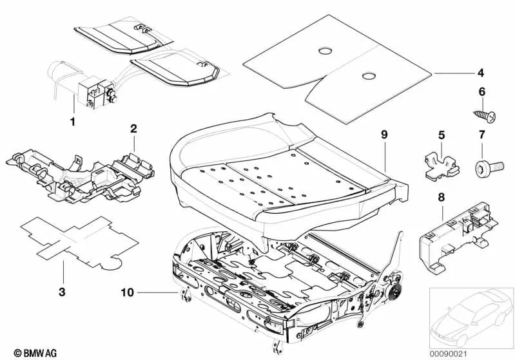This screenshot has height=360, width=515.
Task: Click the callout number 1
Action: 72,120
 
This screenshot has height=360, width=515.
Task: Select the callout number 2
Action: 133,129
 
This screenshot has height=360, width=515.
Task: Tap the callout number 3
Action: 62,292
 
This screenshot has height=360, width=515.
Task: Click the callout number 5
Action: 442,135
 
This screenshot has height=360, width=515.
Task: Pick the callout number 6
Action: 480,92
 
